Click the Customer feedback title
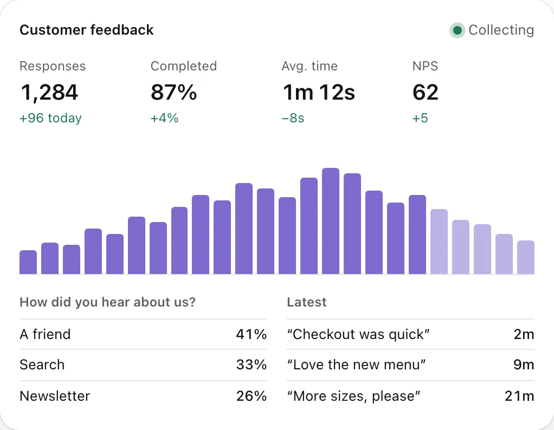point(87,30)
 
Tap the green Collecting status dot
point(457,30)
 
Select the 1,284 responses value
point(49,93)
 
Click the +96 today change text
point(50,118)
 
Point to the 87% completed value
point(173,93)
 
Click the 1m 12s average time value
point(319,93)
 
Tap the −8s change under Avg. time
point(293,118)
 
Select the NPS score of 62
point(426,93)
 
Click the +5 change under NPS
point(420,118)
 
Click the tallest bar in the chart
point(331,221)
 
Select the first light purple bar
point(439,242)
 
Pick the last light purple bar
point(526,257)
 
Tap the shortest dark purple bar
point(28,262)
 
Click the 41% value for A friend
point(251,334)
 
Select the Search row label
point(42,364)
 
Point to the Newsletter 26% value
point(251,396)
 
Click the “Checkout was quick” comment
point(358,334)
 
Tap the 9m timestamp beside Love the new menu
point(524,364)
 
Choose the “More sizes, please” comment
point(353,396)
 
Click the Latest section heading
point(307,302)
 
